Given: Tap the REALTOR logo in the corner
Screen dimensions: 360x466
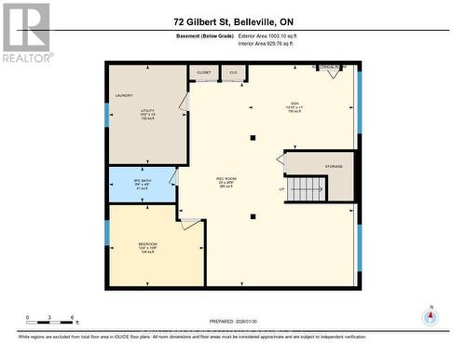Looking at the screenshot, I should (25, 32).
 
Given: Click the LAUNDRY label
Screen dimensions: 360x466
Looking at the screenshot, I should (124, 95).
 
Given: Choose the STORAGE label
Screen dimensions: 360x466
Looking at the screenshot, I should (334, 166).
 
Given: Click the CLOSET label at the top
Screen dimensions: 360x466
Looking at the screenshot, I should (204, 71).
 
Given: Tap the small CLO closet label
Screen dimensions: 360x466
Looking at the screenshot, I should (234, 71).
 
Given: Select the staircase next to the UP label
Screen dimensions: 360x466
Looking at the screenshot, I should (304, 189).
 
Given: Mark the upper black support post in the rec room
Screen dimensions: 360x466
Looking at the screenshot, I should (253, 138).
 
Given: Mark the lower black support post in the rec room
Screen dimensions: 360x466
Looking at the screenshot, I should (253, 216).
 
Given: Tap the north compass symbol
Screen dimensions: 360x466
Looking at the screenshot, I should (430, 317).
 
